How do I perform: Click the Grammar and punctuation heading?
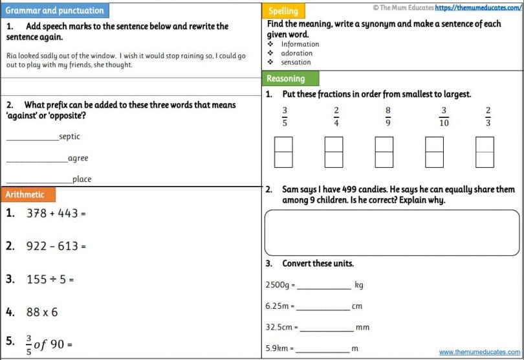pos(54,10)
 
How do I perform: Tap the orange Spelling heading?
pos(283,10)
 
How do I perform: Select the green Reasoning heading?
pos(285,78)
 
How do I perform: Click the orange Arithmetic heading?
pos(25,194)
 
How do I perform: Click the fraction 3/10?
pos(444,117)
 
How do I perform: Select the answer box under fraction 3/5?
pos(284,152)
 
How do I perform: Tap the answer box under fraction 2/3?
pos(485,152)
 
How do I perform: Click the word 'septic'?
pos(69,137)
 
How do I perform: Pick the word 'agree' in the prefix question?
pos(78,158)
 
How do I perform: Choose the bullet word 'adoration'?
pos(296,53)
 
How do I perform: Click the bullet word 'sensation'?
pos(296,62)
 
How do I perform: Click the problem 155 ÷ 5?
pos(50,280)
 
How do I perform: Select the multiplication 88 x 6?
pos(41,312)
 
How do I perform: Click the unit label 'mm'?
pos(362,327)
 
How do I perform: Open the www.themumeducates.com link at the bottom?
pos(480,352)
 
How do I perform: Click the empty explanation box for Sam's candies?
pos(392,232)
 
